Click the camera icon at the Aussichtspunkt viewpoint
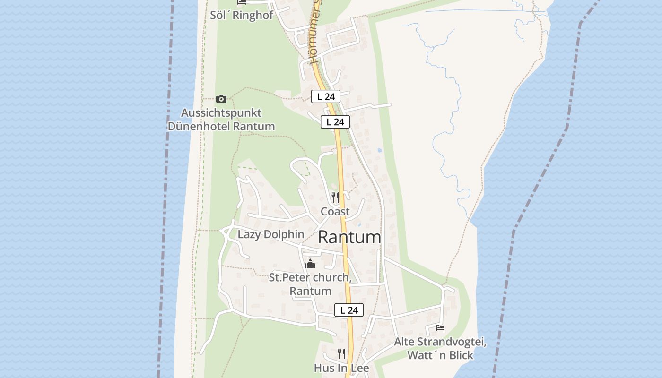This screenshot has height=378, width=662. [221, 99]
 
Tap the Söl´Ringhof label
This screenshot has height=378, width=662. [242, 15]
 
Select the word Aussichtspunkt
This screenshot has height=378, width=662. [221, 113]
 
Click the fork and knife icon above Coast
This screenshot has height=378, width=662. [335, 197]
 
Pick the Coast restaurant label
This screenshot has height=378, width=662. [335, 211]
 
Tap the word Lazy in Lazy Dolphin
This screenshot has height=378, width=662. [249, 234]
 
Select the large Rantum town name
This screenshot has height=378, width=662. [349, 237]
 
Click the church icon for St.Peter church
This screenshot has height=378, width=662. [310, 263]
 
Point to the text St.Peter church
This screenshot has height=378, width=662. [310, 277]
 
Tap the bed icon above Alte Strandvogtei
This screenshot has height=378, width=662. [440, 327]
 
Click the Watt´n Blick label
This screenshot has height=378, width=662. [440, 355]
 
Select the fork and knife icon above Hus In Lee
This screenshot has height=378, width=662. [341, 353]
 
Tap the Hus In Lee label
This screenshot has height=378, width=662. [341, 368]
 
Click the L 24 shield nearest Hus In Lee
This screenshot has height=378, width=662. [349, 310]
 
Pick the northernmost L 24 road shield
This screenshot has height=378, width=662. [326, 97]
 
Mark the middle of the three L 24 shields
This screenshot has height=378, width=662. [335, 122]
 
